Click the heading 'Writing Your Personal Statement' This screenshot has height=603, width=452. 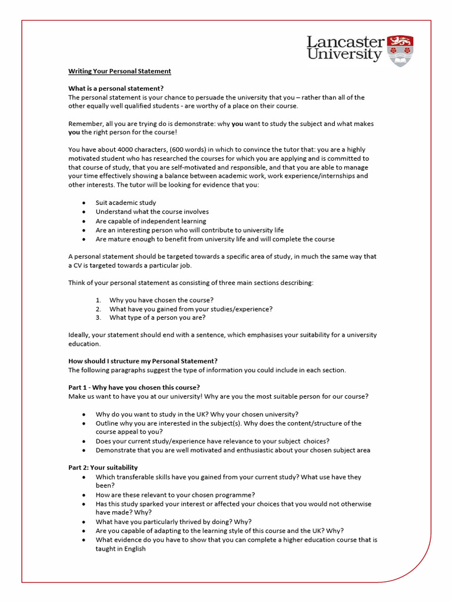(x=119, y=71)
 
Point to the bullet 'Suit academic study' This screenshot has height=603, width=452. (x=126, y=203)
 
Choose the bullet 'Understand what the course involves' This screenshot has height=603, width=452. (x=152, y=211)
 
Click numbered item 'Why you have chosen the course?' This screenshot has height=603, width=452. (x=161, y=300)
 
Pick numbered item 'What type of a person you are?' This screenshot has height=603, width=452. (x=157, y=317)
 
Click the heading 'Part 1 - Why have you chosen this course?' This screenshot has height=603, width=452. (x=134, y=387)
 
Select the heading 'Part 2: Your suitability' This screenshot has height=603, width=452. (x=103, y=468)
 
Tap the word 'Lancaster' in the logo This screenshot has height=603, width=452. (x=345, y=42)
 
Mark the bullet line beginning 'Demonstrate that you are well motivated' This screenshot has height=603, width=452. (x=233, y=450)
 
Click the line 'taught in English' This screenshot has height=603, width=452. (x=121, y=548)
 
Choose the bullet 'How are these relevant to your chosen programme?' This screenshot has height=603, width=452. (x=175, y=495)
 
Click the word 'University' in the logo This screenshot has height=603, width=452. (x=344, y=55)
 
